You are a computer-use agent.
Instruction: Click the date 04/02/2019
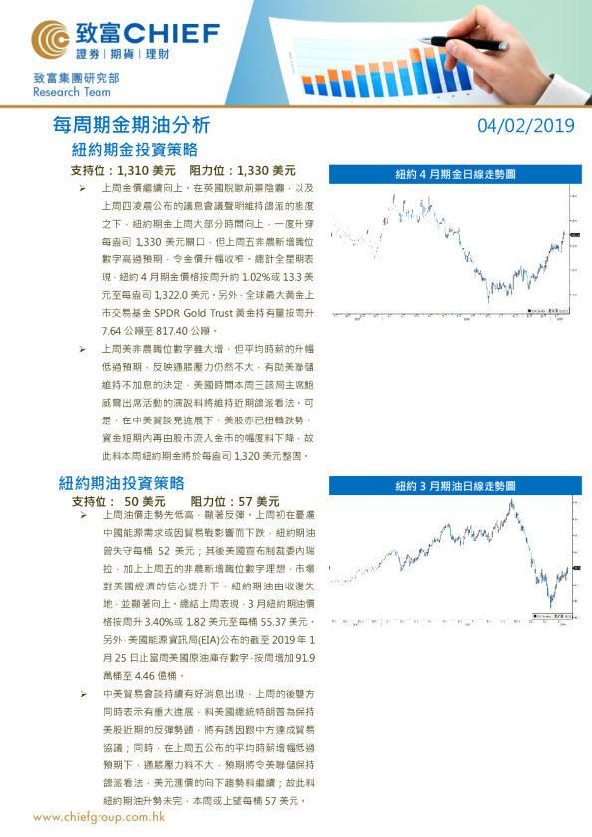click(525, 125)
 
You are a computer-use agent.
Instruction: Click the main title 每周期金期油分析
click(131, 126)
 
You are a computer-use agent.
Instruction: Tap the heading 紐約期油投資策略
click(121, 483)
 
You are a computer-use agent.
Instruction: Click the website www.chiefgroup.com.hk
click(99, 816)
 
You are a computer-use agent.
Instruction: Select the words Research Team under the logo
click(68, 91)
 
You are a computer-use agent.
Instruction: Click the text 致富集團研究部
click(76, 77)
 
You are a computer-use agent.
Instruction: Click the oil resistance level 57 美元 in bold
click(257, 501)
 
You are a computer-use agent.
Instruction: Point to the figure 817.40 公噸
click(200, 329)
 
